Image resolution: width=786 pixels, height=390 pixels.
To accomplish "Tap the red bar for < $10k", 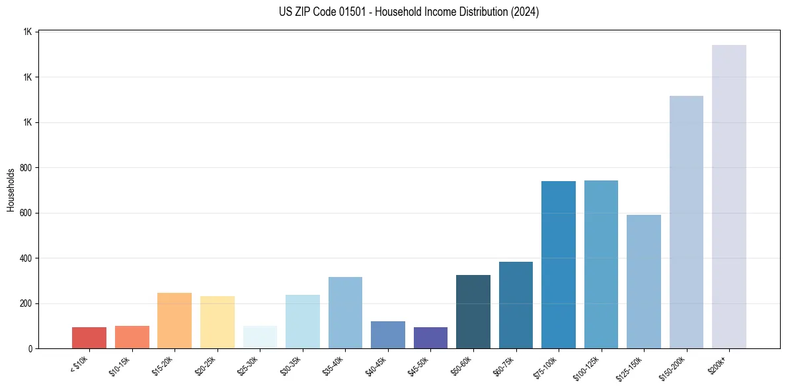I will [x=89, y=338].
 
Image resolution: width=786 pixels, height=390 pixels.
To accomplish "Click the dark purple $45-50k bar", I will [x=430, y=338].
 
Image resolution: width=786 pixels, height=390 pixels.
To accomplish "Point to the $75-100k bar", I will [x=559, y=264].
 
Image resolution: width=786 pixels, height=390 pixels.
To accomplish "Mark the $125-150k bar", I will [x=644, y=282].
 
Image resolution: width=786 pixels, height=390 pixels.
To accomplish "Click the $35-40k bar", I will [x=345, y=313].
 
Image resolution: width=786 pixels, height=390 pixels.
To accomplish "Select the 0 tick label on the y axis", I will [x=31, y=349].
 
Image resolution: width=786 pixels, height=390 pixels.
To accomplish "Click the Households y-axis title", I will [x=11, y=190].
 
